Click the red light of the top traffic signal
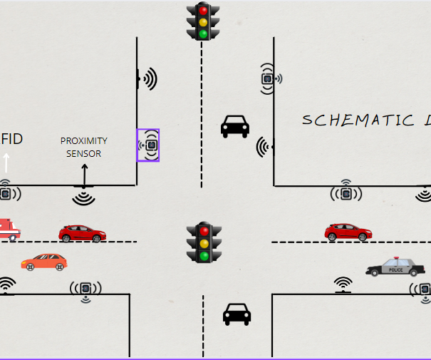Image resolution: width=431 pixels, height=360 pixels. coord(204,11)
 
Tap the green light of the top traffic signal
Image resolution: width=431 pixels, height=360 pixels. coord(204,34)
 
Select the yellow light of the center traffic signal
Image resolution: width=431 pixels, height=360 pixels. coord(204,242)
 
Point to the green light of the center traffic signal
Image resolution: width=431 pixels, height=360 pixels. coord(204,254)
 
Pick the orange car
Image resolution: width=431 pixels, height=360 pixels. coord(44,262)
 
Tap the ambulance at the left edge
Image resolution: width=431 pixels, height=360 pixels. coord(9,230)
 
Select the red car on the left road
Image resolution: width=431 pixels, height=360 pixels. coord(82,233)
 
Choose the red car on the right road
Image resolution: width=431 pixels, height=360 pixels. coord(348,232)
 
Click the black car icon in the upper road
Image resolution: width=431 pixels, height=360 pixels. coord(235,126)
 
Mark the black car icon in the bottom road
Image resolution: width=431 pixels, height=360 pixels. coord(237,314)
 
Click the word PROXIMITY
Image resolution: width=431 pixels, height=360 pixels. coord(83,141)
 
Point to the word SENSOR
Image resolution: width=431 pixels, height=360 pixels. coord(83,153)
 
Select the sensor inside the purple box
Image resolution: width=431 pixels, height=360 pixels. coord(148,145)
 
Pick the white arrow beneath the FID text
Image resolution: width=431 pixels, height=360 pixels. coord(6,163)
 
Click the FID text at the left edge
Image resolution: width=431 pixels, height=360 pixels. coord(12,138)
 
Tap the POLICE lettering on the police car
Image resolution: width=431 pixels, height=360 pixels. coord(395,270)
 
